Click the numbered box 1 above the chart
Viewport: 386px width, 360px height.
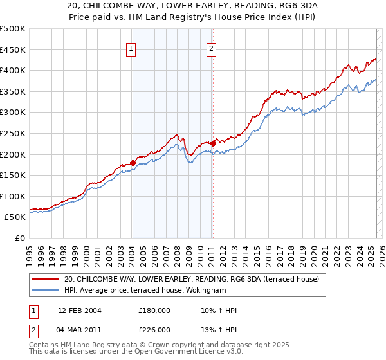131,47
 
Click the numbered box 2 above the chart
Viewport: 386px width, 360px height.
211,47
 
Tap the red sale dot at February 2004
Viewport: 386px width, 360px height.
133,163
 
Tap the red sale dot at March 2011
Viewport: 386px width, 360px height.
213,143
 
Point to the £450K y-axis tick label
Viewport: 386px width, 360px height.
13,50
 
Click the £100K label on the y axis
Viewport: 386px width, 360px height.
13,196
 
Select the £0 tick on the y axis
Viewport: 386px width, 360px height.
19,238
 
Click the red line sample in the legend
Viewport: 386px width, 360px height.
46,279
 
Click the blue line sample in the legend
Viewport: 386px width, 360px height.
46,290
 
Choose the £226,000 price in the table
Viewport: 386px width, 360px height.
154,330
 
